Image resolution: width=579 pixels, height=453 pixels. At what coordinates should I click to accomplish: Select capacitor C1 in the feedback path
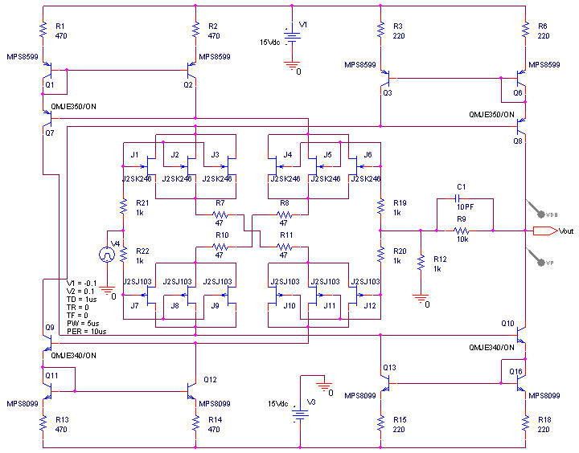pos(461,200)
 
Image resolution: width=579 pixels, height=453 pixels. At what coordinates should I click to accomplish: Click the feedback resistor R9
pos(461,231)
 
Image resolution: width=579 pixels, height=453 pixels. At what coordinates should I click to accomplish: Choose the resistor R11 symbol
pos(284,247)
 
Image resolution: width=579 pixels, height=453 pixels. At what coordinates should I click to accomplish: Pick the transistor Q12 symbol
pos(191,389)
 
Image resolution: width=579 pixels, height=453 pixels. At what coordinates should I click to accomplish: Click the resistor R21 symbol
pos(123,207)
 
